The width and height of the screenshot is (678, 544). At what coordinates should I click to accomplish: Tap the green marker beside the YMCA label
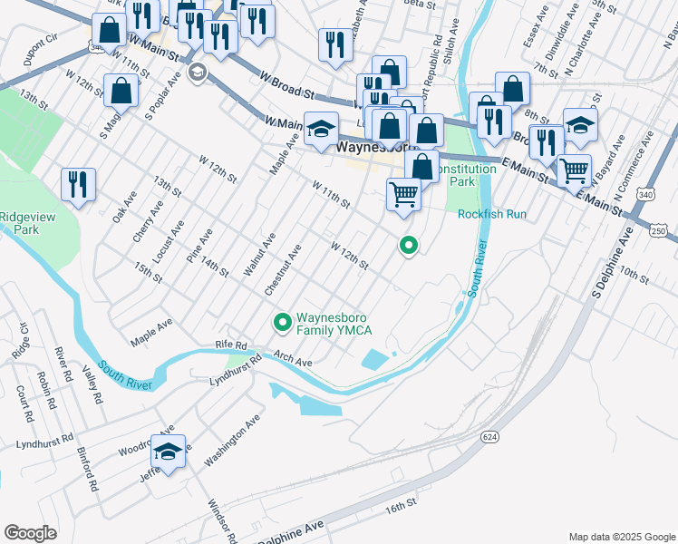click(x=282, y=322)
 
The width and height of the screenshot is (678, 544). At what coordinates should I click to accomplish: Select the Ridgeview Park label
click(x=26, y=222)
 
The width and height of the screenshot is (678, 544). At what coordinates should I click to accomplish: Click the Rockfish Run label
click(x=491, y=214)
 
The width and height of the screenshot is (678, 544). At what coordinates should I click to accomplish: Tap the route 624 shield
click(x=490, y=437)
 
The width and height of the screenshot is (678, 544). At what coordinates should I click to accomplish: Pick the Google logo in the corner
click(x=30, y=533)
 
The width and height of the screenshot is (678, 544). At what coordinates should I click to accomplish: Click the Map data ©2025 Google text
click(x=622, y=537)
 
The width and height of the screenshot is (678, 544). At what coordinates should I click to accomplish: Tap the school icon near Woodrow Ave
click(x=168, y=451)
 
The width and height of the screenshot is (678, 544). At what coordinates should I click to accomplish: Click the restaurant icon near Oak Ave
click(x=79, y=184)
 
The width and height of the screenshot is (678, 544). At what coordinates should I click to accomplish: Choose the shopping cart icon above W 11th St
click(x=403, y=193)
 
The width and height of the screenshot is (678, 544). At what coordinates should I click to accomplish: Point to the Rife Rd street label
click(x=231, y=345)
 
